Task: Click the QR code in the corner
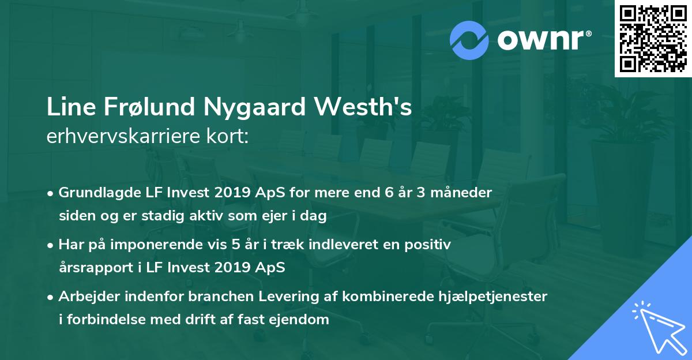tap(653, 39)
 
